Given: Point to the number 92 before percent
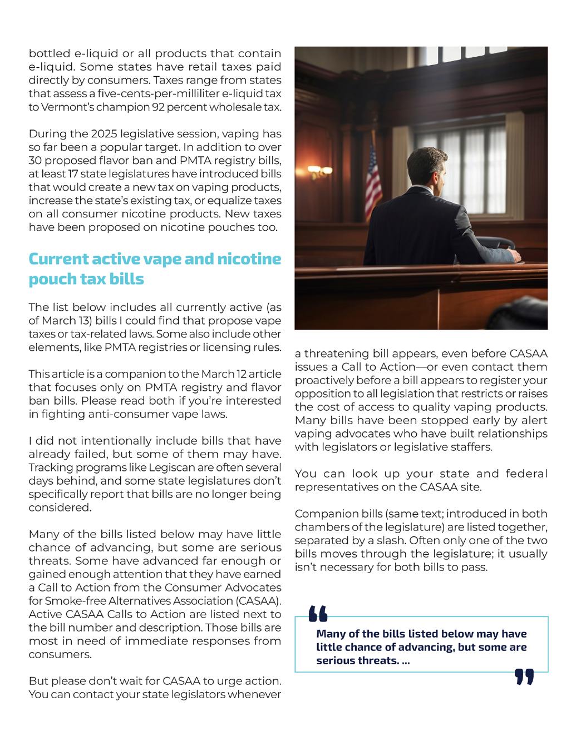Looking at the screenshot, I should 159,107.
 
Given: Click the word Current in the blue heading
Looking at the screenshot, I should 57,259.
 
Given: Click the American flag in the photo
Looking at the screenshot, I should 373,178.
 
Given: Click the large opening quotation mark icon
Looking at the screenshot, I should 318,613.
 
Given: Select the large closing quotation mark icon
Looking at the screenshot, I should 524,677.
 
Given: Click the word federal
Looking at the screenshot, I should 526,474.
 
